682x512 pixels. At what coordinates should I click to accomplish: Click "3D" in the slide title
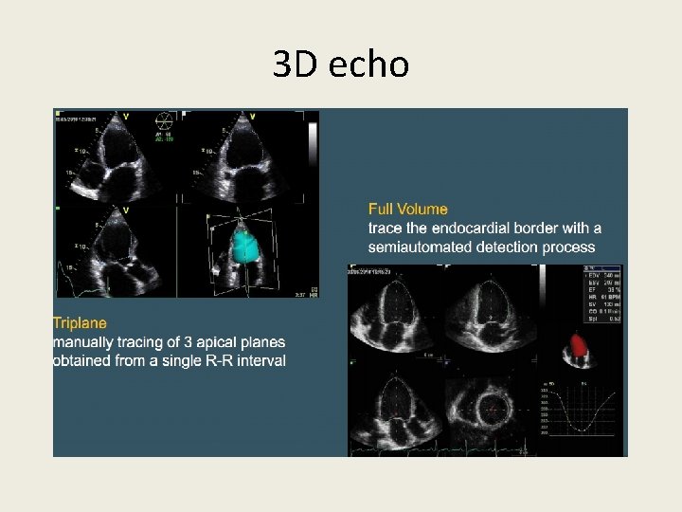(x=295, y=64)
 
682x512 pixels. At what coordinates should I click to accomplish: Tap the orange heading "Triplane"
(x=80, y=323)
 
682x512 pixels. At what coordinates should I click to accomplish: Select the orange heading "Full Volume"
(x=408, y=210)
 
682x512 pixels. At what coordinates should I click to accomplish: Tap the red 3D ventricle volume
(x=579, y=344)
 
